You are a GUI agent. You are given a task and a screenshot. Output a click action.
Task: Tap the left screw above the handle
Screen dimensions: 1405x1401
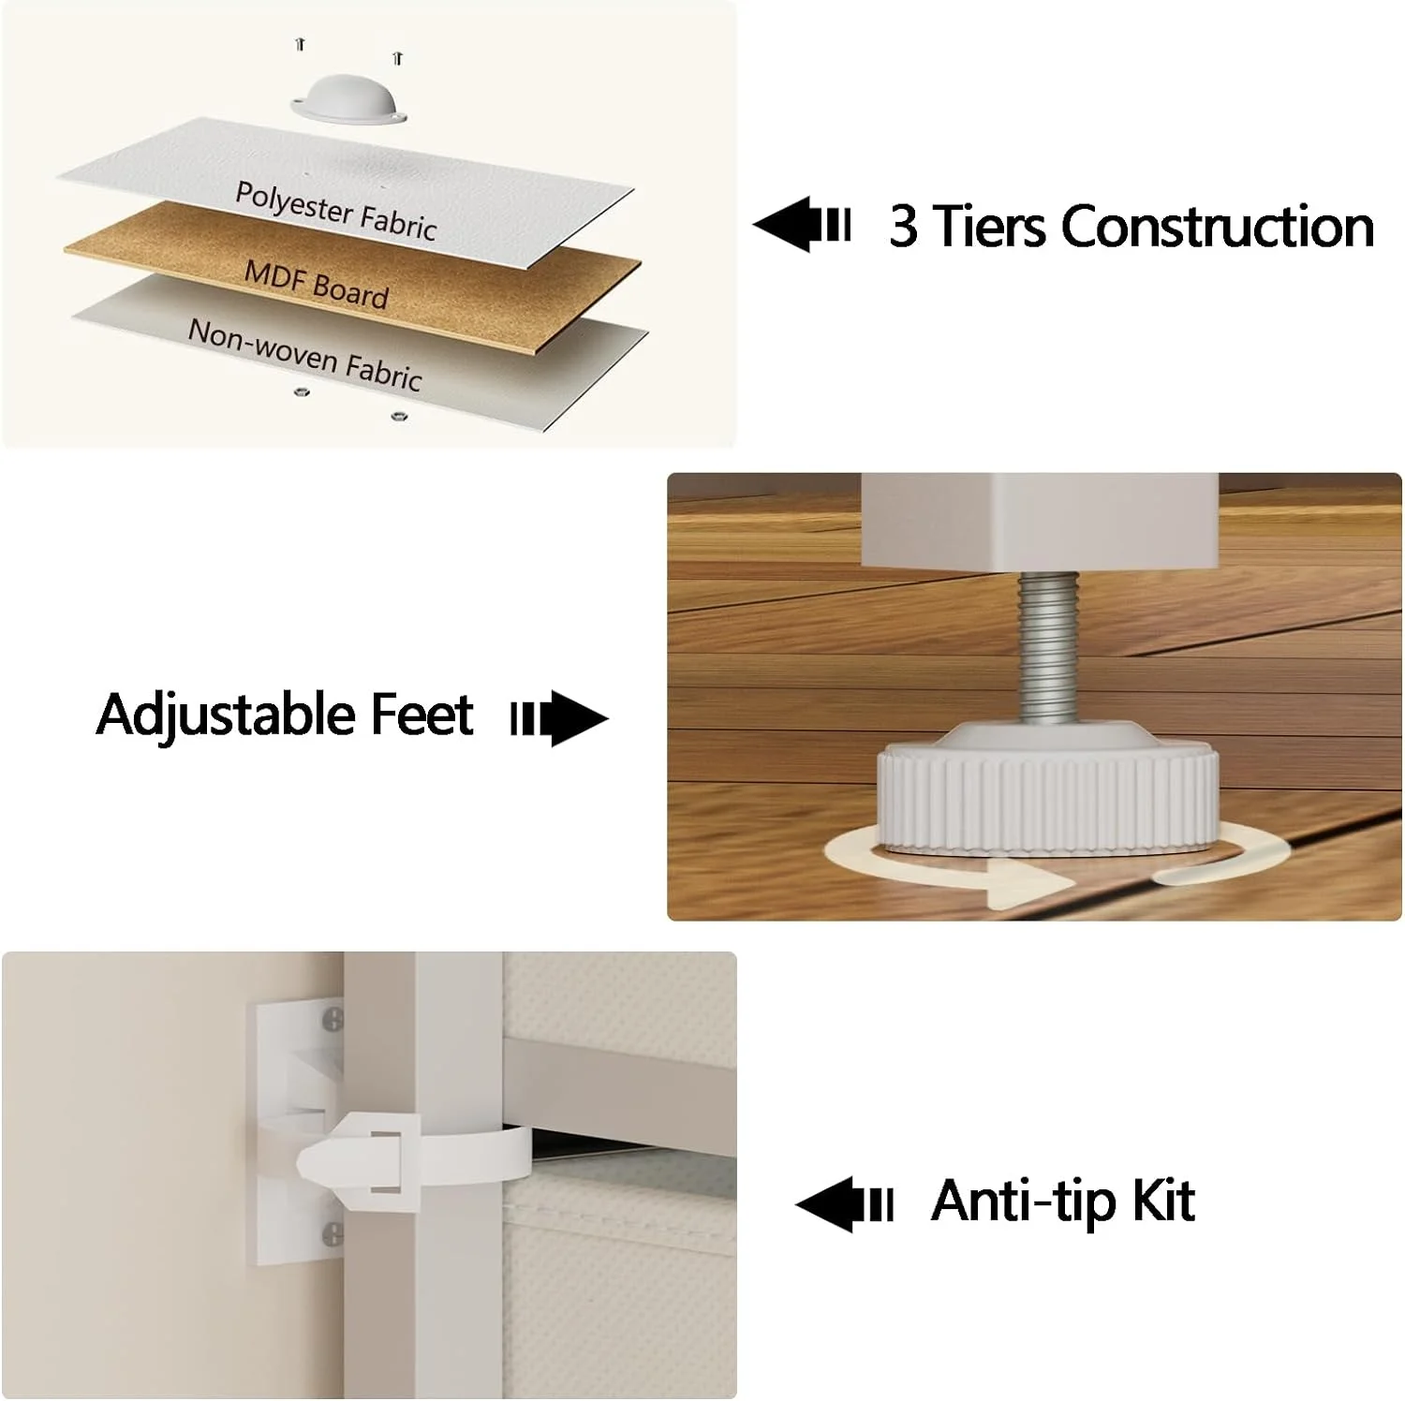pyautogui.click(x=300, y=43)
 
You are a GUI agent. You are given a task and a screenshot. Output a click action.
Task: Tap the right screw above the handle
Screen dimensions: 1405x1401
pyautogui.click(x=398, y=58)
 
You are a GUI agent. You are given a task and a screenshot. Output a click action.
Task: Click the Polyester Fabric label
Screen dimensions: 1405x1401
pyautogui.click(x=335, y=212)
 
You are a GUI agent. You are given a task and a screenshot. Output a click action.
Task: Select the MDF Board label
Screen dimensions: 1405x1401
pyautogui.click(x=316, y=284)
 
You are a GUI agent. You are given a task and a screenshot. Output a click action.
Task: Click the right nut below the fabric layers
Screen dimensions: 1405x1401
pyautogui.click(x=398, y=414)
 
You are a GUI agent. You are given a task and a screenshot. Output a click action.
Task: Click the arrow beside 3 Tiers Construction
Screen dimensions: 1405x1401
pyautogui.click(x=801, y=225)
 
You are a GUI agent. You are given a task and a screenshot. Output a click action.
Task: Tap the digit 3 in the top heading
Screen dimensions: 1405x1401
pyautogui.click(x=904, y=227)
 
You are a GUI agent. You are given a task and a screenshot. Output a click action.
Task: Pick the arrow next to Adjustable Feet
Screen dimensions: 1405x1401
pyautogui.click(x=559, y=718)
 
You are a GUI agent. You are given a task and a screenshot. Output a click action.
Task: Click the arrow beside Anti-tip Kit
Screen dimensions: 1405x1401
pyautogui.click(x=844, y=1204)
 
